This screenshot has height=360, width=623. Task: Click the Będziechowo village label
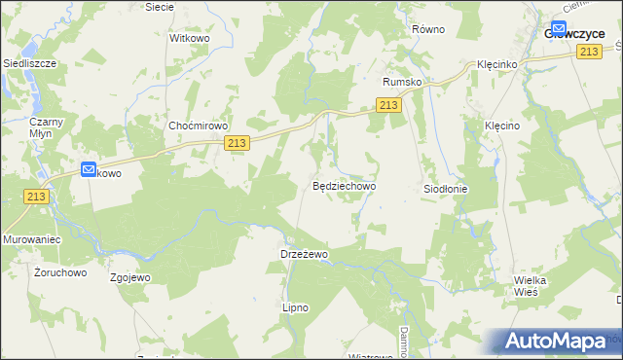(x=344, y=185)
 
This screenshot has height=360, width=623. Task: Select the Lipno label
(x=295, y=307)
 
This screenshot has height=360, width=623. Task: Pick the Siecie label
(x=159, y=7)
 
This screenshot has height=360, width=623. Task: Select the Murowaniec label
(x=33, y=238)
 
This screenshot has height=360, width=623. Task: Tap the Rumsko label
(x=402, y=83)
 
